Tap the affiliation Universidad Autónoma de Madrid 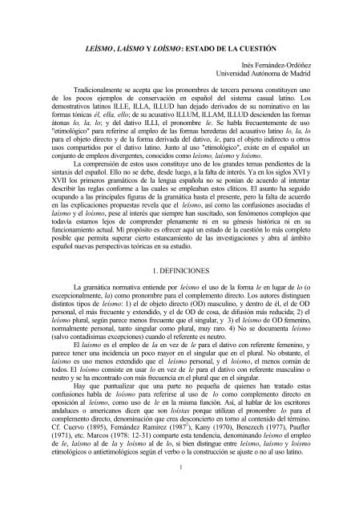tap(272, 80)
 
